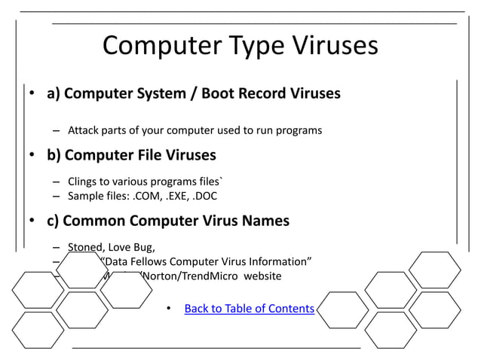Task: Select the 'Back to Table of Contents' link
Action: [249, 308]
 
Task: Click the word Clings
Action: [84, 182]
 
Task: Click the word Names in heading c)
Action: [264, 221]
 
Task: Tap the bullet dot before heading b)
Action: [32, 157]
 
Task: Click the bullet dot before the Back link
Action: [169, 309]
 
